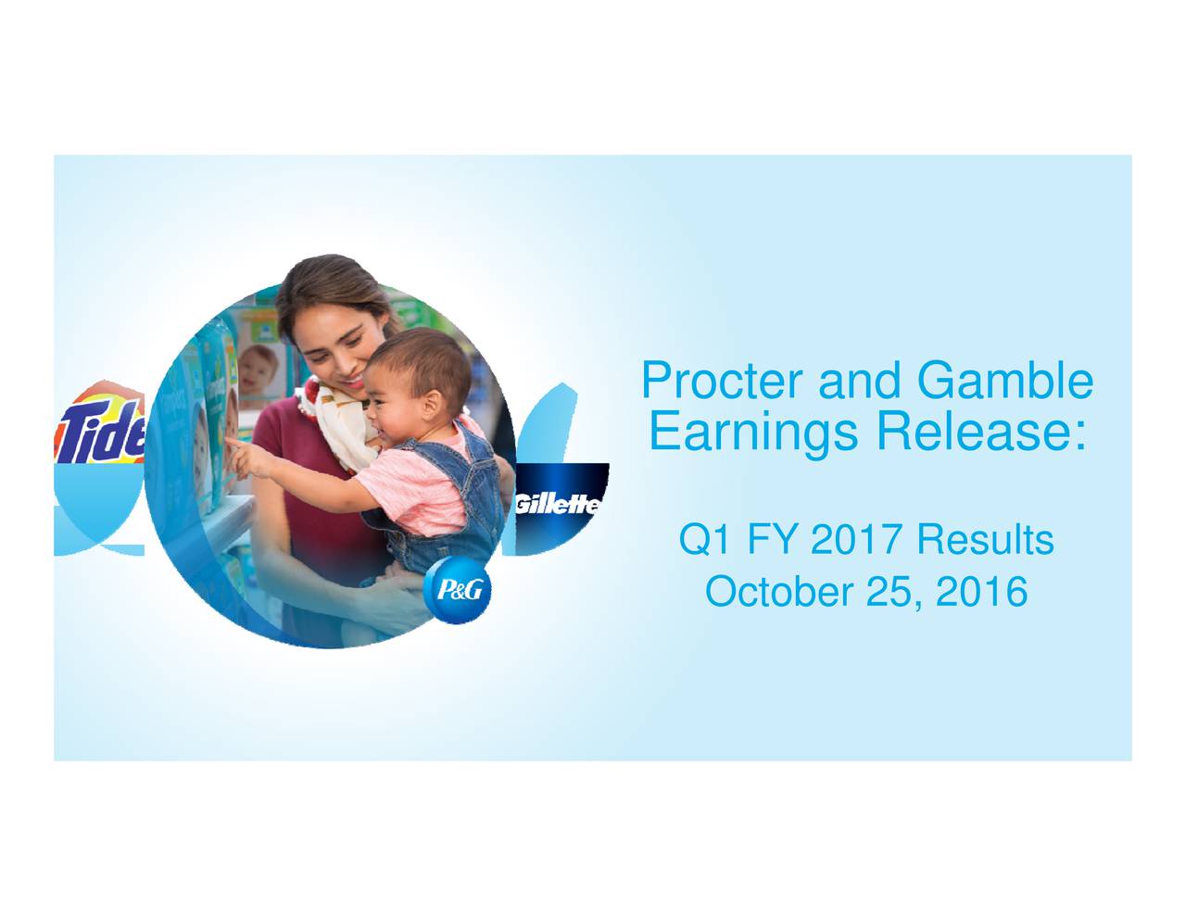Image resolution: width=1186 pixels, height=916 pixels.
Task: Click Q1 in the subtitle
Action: (703, 539)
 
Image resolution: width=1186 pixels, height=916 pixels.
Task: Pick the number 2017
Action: (854, 539)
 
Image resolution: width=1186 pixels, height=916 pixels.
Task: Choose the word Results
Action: (985, 539)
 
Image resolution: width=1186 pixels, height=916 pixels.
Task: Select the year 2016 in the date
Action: (981, 592)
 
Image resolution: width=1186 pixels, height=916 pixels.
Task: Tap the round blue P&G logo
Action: (457, 591)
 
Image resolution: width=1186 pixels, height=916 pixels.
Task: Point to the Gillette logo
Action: (557, 505)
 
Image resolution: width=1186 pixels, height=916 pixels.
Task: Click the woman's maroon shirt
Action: (306, 491)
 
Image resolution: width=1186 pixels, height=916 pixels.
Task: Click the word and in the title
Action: (860, 381)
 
